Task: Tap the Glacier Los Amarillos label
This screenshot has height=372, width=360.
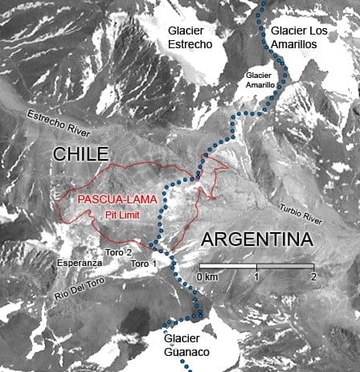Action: [300, 38]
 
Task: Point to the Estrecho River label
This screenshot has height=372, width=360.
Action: [61, 125]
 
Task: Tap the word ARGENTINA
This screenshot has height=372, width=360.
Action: [256, 239]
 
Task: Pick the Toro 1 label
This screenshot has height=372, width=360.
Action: [144, 263]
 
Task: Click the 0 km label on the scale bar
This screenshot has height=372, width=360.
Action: [207, 276]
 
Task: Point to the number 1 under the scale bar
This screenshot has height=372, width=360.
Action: [256, 276]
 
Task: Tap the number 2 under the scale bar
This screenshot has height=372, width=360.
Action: [313, 276]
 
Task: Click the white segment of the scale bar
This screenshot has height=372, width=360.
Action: [228, 266]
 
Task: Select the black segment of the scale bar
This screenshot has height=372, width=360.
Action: [285, 266]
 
